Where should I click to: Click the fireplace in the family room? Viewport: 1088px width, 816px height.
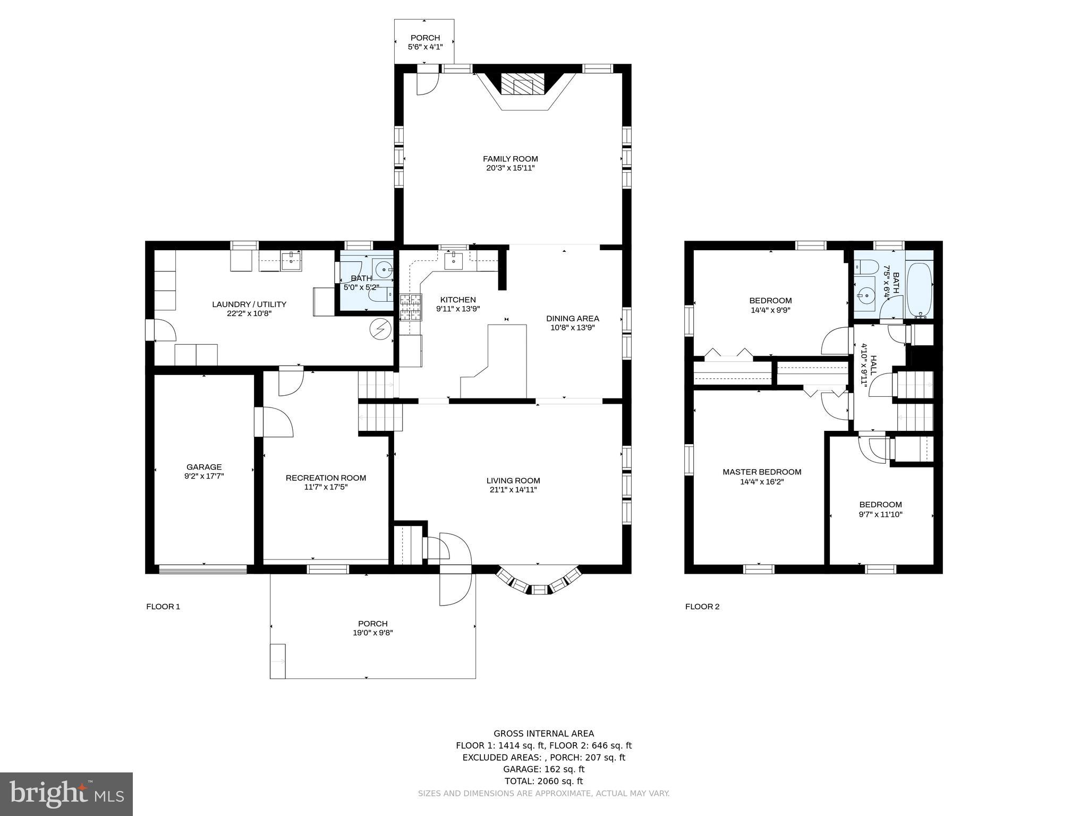tap(524, 84)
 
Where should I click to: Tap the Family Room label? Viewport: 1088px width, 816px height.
tap(510, 159)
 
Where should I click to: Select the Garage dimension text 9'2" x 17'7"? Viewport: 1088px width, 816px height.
tap(204, 477)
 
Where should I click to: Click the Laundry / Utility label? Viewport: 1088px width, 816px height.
tap(249, 304)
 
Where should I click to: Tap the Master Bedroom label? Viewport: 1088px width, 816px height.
tap(762, 472)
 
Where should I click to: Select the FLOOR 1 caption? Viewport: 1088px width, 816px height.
tap(163, 607)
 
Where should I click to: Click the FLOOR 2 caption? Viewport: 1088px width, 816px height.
tap(702, 607)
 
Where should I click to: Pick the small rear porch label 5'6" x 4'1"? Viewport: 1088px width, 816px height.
tap(425, 47)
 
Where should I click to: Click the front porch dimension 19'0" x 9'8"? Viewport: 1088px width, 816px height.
tap(372, 633)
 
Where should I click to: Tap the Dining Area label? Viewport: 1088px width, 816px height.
tap(573, 319)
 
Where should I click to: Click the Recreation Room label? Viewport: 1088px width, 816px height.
tap(326, 478)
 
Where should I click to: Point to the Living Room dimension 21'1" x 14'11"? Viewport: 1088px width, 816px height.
tap(513, 490)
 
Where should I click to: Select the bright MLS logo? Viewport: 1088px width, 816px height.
tap(66, 794)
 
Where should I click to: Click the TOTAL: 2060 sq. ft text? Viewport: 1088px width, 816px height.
tap(543, 781)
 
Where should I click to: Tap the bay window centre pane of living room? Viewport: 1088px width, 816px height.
tap(539, 589)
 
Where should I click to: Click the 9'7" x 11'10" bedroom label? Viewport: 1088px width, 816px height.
tap(880, 514)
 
